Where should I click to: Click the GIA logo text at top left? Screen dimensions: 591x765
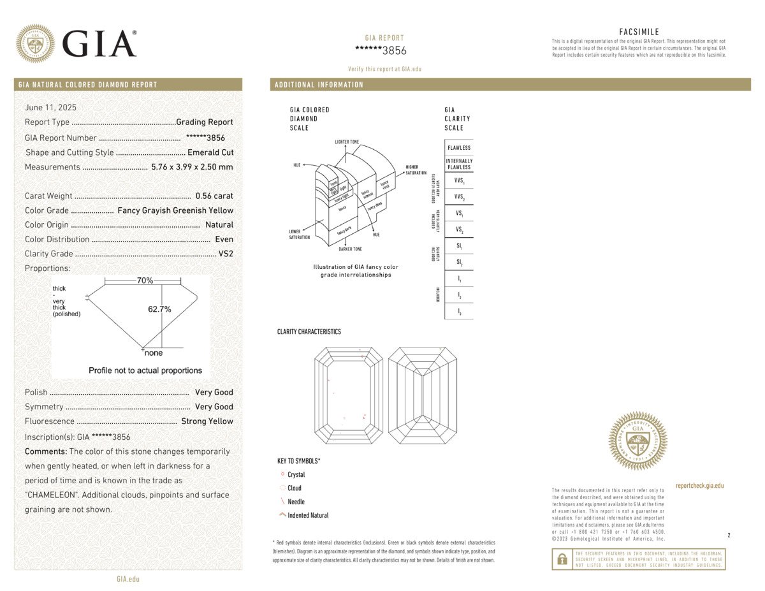[99, 43]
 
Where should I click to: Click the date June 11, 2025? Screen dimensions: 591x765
[50, 107]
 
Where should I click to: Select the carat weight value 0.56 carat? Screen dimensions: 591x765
[215, 196]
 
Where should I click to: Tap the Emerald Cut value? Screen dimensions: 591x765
[210, 152]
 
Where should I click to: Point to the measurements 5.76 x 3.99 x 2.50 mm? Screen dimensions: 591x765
[192, 167]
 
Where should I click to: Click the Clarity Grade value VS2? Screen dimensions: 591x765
[226, 254]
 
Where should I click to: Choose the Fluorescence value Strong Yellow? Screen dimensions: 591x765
[207, 421]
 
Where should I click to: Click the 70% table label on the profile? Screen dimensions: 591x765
[145, 281]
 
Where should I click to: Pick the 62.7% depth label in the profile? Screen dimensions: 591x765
[159, 309]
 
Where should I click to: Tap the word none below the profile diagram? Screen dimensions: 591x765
[154, 353]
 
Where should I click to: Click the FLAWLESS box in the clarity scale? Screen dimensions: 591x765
[459, 148]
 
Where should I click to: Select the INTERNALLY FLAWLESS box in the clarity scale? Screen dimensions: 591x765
[459, 164]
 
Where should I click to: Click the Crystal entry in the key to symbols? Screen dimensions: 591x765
[296, 474]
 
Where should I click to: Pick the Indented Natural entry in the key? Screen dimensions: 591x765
[308, 515]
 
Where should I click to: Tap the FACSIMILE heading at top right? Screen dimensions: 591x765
[639, 32]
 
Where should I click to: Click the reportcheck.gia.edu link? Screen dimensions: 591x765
[699, 486]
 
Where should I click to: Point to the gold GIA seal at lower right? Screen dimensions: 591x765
[638, 441]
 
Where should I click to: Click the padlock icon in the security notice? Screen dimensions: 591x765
[562, 559]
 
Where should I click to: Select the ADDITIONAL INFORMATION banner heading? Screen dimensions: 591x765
[319, 85]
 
